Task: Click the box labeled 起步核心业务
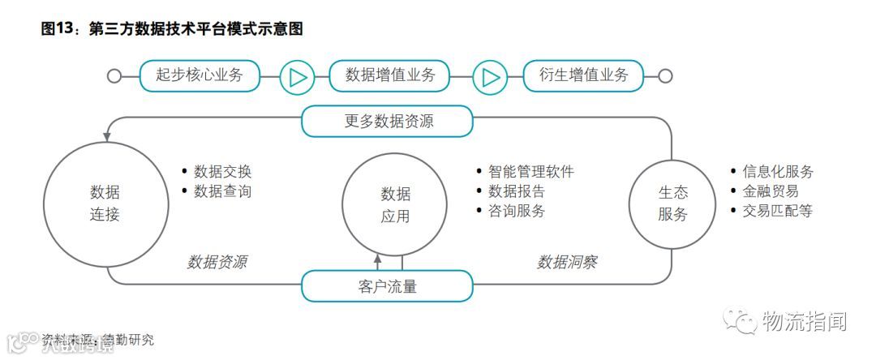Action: click(x=200, y=75)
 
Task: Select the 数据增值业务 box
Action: click(x=390, y=75)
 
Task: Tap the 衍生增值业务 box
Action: click(x=583, y=75)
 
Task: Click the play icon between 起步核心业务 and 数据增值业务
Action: click(x=297, y=77)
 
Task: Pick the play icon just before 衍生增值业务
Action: click(x=489, y=77)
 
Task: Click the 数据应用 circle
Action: click(x=395, y=205)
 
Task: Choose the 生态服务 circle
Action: click(x=672, y=204)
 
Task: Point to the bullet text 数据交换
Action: click(x=222, y=172)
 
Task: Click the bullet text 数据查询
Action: click(x=222, y=191)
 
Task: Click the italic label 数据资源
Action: click(x=217, y=262)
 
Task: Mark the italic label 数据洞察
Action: click(x=567, y=262)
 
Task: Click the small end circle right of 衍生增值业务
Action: click(x=665, y=76)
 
